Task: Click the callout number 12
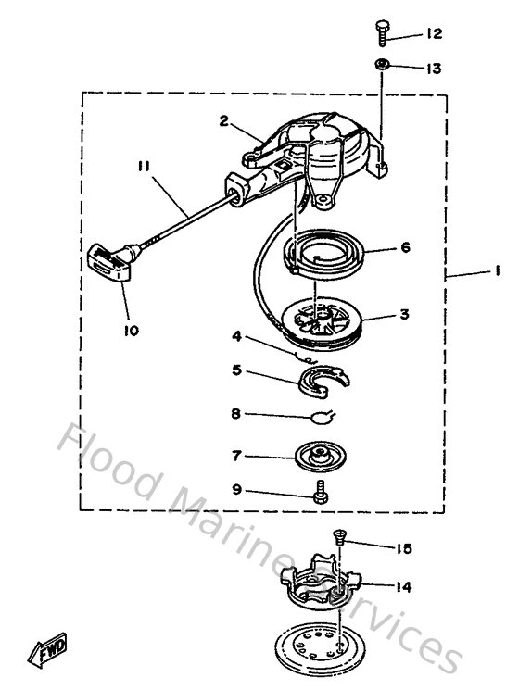[x=435, y=34]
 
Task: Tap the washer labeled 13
[x=382, y=65]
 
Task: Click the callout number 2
[x=224, y=120]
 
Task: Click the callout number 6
[x=406, y=248]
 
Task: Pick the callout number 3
[x=405, y=315]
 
